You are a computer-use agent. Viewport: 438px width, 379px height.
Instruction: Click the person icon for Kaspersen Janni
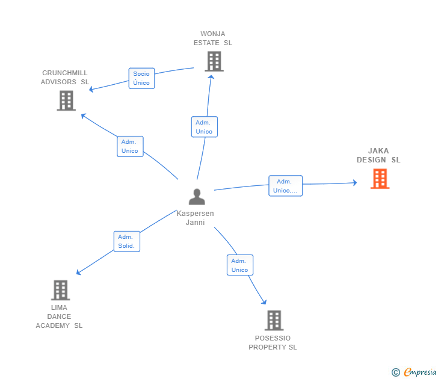(x=197, y=197)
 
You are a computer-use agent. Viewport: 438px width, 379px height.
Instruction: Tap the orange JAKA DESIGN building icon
(x=380, y=179)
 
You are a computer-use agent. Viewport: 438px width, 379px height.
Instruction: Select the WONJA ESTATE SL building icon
(x=214, y=61)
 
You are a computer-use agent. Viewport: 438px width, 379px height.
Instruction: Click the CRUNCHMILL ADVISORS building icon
(x=66, y=100)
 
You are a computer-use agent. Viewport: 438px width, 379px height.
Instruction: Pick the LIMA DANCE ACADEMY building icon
(x=60, y=290)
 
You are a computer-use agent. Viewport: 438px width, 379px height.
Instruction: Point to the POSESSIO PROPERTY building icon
(x=274, y=321)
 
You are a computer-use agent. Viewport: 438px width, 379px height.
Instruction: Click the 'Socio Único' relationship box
(x=141, y=78)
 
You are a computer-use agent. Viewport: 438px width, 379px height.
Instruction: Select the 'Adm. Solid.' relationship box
(x=126, y=241)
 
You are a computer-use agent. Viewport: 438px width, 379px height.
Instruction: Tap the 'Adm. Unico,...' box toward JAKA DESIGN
(x=285, y=186)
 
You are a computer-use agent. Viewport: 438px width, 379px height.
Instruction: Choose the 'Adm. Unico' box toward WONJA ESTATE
(x=204, y=127)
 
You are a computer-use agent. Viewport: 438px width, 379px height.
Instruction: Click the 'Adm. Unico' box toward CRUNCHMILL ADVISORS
(x=129, y=146)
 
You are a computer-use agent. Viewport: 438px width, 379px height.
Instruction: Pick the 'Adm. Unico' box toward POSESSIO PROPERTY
(x=239, y=265)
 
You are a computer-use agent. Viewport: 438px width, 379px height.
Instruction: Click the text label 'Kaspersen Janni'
(x=195, y=218)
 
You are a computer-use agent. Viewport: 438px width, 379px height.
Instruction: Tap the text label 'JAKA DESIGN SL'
(x=378, y=156)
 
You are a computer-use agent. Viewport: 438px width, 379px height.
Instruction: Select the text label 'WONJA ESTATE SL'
(x=213, y=39)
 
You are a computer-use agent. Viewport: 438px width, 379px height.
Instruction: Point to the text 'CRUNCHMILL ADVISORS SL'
(x=64, y=78)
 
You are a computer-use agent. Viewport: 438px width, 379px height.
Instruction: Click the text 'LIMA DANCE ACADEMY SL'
(x=59, y=316)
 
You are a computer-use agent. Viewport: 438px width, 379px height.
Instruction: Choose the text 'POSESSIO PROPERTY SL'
(x=273, y=343)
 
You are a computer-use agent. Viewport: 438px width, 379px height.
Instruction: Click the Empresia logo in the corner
(x=420, y=372)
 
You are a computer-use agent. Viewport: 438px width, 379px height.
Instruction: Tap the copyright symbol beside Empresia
(x=396, y=372)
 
